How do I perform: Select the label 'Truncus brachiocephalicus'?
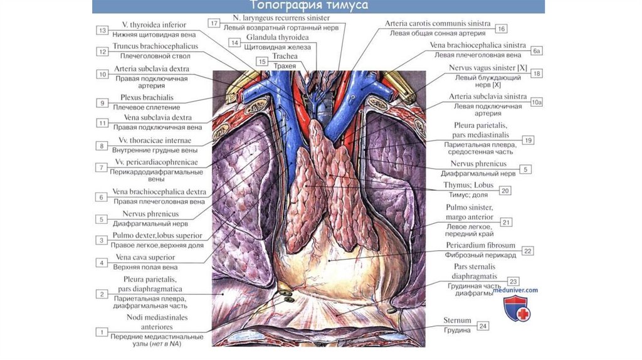[x=155, y=46]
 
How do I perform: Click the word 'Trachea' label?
[x=285, y=56]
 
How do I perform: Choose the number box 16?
[x=500, y=29]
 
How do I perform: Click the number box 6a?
[x=536, y=50]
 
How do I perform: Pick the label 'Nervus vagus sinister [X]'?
[x=488, y=68]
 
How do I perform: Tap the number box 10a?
[x=536, y=102]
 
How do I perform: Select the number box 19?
[x=529, y=140]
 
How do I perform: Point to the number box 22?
[x=528, y=251]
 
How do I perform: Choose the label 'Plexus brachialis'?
[x=147, y=98]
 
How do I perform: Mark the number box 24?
[x=482, y=326]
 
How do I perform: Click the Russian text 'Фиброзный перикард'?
[x=471, y=255]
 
